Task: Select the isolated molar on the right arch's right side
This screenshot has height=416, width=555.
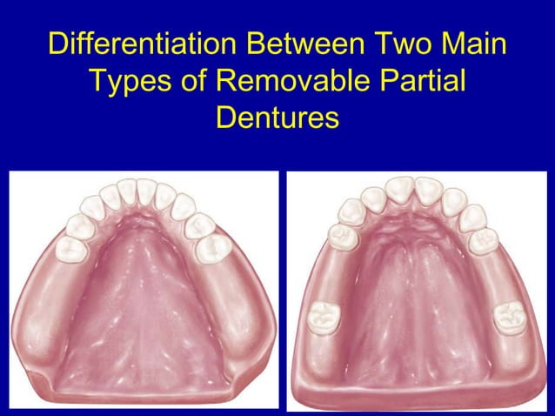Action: [508, 317]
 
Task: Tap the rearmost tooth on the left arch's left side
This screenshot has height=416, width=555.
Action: [72, 249]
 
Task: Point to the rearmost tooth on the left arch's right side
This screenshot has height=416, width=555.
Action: [212, 249]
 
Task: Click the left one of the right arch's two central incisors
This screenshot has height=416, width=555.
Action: [400, 189]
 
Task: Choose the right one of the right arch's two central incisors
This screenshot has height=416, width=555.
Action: [428, 189]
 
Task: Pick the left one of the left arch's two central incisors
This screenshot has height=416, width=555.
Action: [128, 190]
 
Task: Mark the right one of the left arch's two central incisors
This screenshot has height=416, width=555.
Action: [147, 190]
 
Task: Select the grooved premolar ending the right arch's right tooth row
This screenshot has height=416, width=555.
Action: [483, 238]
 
